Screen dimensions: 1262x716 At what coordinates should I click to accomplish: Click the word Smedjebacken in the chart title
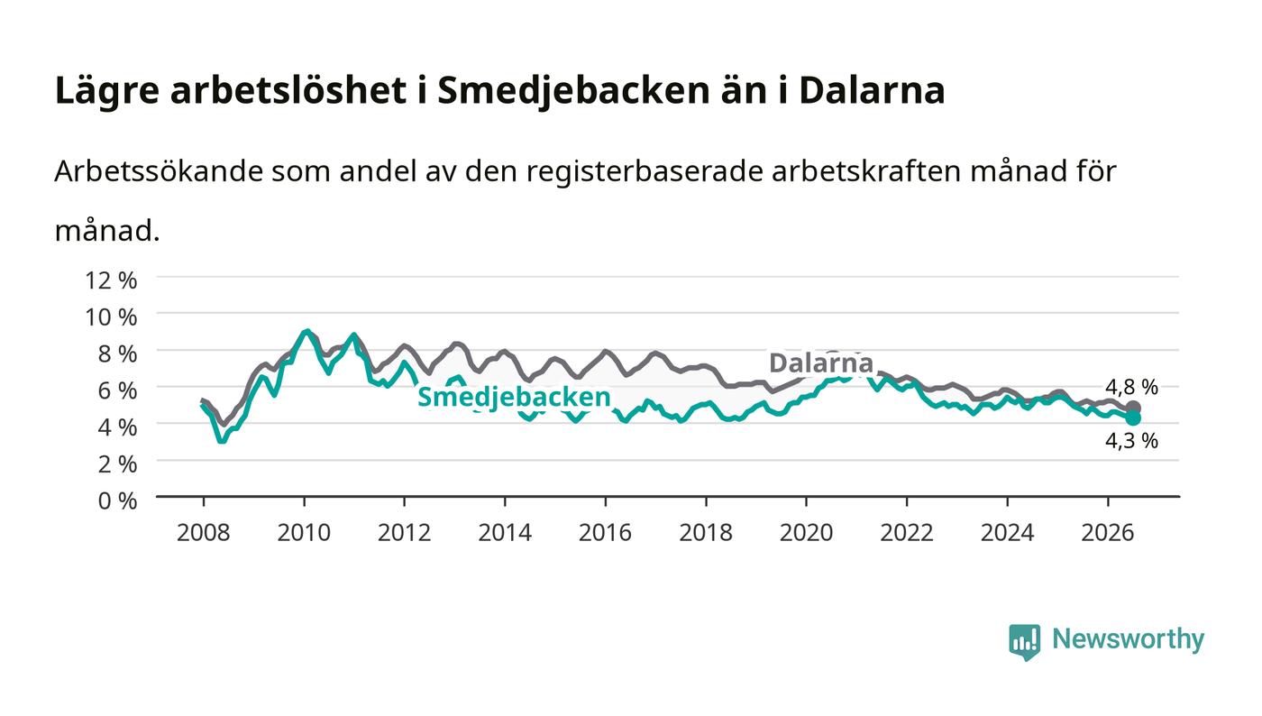(x=573, y=90)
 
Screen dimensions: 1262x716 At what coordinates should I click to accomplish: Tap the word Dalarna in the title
(x=872, y=90)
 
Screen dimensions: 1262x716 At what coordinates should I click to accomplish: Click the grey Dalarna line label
(x=821, y=363)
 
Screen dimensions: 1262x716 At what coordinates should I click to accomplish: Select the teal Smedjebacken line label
(x=514, y=398)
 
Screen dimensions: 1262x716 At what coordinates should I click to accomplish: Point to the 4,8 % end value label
(x=1131, y=388)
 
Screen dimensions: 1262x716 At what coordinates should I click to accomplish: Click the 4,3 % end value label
(x=1131, y=441)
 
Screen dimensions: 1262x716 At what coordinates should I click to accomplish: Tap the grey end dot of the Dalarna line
(x=1133, y=408)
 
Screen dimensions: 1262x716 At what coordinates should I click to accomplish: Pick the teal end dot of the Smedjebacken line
(x=1133, y=418)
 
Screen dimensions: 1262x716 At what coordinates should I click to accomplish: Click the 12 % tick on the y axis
(x=111, y=280)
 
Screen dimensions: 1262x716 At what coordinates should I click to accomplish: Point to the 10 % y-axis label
(x=111, y=317)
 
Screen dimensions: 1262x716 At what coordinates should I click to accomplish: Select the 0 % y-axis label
(x=118, y=500)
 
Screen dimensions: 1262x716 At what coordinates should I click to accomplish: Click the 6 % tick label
(x=118, y=390)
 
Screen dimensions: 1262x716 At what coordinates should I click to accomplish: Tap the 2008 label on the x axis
(x=204, y=533)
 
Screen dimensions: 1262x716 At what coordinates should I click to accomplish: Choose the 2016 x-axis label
(x=605, y=533)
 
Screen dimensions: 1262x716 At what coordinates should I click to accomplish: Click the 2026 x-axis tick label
(x=1108, y=533)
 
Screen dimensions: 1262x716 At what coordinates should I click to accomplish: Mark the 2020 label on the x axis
(x=806, y=533)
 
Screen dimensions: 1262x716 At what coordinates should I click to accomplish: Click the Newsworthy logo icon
(x=1024, y=642)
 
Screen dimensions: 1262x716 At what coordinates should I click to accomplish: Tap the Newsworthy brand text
(x=1128, y=639)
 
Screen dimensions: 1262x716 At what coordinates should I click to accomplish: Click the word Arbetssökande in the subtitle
(x=159, y=171)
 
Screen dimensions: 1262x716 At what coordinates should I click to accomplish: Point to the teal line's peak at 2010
(x=306, y=332)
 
